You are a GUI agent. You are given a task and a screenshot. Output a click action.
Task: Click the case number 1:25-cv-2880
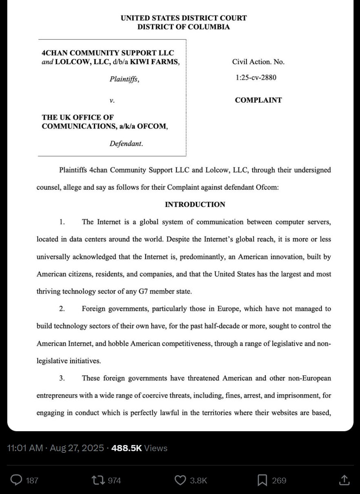click(256, 77)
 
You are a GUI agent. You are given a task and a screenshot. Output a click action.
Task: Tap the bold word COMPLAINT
click(258, 100)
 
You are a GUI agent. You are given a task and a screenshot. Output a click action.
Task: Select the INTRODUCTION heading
click(195, 205)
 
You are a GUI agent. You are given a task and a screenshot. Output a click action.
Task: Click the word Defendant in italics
click(126, 144)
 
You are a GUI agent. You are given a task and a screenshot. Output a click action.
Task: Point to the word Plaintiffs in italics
click(124, 79)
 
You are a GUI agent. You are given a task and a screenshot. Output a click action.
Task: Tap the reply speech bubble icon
click(16, 480)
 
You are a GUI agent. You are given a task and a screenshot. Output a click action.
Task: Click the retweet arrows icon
click(98, 480)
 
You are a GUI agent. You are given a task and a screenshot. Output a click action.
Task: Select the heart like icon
click(180, 480)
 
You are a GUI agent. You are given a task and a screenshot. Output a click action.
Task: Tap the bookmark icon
click(262, 480)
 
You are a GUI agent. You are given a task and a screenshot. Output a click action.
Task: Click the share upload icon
click(344, 480)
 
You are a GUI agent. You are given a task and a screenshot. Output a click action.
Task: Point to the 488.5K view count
click(126, 448)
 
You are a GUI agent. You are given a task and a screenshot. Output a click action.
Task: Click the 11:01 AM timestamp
click(24, 448)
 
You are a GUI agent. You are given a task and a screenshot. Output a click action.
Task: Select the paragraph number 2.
click(62, 309)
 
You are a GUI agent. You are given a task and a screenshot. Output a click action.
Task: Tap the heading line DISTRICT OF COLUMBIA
click(184, 27)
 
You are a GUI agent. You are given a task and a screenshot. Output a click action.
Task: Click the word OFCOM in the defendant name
click(153, 126)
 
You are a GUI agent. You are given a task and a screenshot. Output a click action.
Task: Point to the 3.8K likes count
click(198, 481)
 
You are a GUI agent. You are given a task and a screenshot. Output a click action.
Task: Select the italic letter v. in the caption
click(112, 100)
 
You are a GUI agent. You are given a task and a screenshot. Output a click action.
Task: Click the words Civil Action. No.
click(258, 62)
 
